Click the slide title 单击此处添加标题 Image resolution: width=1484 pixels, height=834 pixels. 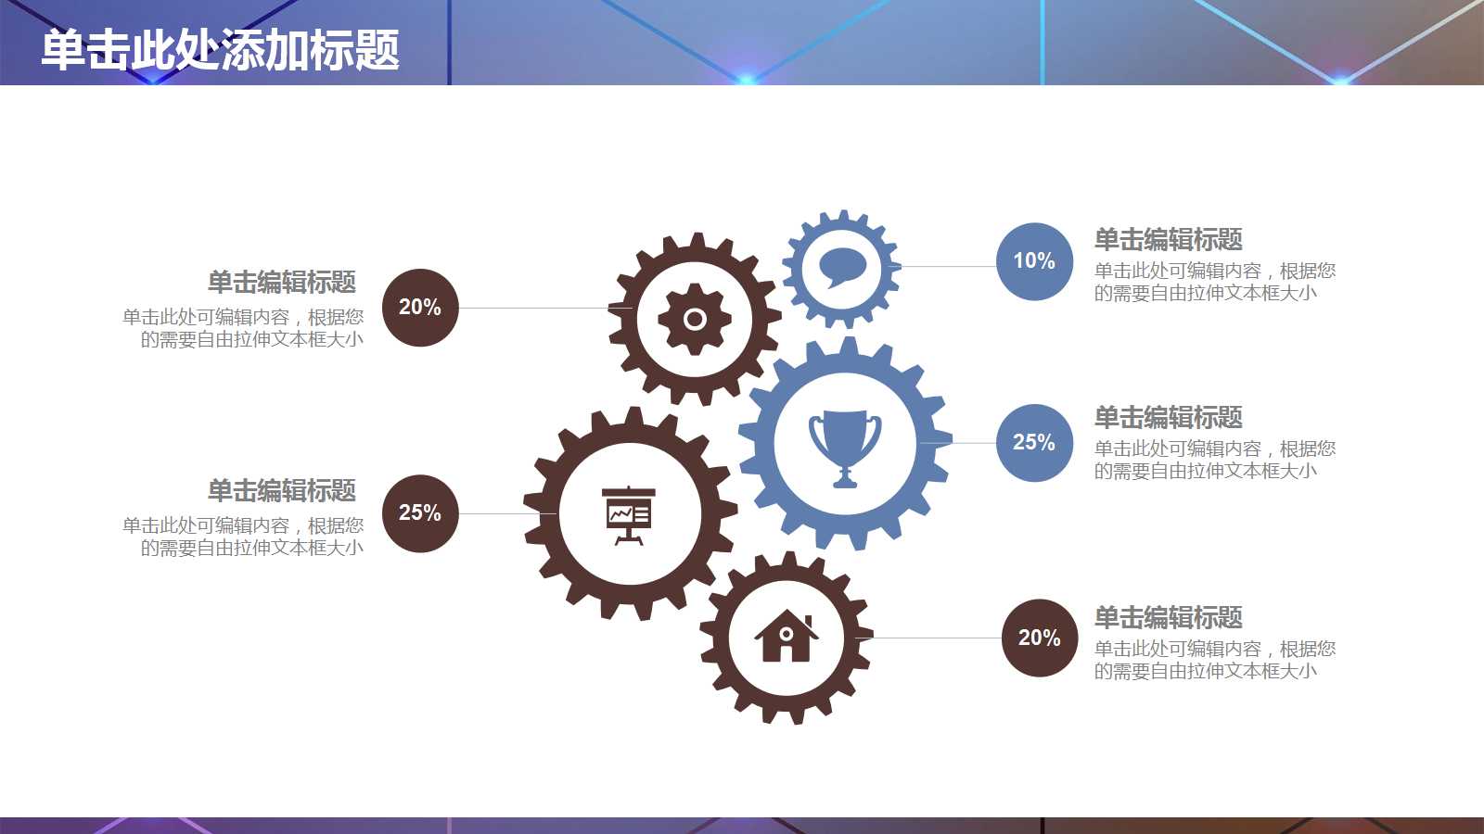coord(221,49)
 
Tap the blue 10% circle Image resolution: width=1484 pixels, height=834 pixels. coord(1034,261)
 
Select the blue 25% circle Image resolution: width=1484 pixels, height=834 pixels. coord(1034,443)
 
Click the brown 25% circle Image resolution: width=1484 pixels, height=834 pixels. coord(420,513)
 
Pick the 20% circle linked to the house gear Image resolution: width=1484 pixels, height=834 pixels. coord(1040,638)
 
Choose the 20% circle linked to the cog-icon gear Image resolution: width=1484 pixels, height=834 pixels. coord(420,308)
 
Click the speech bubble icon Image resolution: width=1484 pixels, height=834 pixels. coord(842,268)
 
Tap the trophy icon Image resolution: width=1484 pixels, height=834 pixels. coord(844,447)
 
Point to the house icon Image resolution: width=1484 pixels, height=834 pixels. coord(786,637)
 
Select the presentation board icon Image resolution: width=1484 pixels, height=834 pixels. coord(629,514)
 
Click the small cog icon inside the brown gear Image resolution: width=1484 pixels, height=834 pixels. coord(695,320)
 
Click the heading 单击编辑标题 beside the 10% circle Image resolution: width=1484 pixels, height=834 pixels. coord(1168,240)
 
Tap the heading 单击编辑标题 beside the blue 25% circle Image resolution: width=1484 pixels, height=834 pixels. coord(1168,418)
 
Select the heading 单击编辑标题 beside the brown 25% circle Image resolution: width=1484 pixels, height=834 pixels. coord(282,490)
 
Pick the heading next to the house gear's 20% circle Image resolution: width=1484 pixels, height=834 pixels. coord(1168,618)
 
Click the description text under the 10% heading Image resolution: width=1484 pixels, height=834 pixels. coord(1214,282)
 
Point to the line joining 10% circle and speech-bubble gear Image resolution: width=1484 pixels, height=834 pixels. coord(946,266)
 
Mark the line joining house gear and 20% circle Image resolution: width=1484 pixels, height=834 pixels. coord(937,638)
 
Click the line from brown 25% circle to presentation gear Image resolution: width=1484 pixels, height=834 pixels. coord(505,513)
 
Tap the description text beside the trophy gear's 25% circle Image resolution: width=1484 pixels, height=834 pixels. coord(1214,460)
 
